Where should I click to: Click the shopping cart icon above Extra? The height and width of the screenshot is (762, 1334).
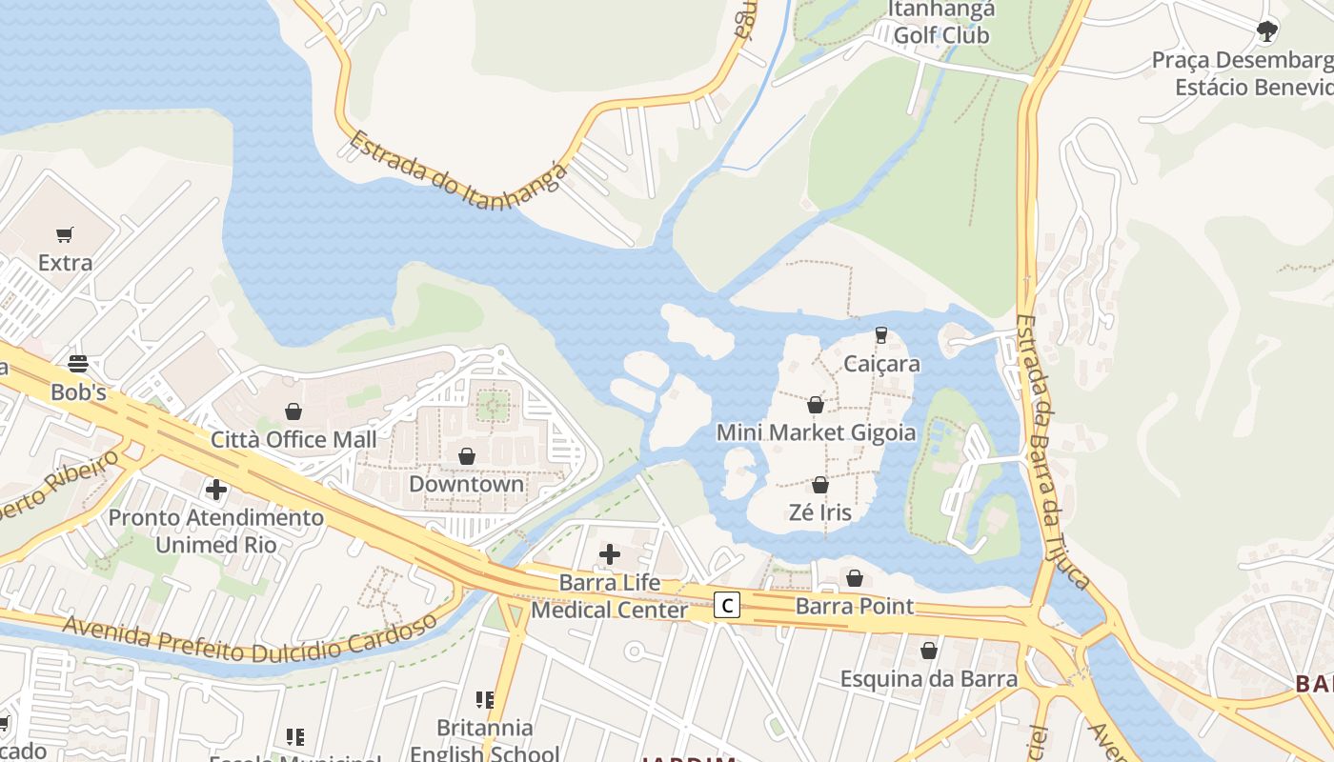point(65,234)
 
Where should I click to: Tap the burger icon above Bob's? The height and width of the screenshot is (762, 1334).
point(78,363)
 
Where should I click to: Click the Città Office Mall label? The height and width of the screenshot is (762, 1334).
point(293,439)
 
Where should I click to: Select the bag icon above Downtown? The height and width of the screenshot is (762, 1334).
point(467,456)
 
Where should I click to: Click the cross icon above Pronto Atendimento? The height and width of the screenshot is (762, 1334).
point(216,490)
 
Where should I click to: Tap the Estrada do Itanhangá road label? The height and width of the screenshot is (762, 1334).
point(457,182)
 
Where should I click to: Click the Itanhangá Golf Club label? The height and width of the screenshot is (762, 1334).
point(941,23)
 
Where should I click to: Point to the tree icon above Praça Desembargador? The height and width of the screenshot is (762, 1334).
point(1266,31)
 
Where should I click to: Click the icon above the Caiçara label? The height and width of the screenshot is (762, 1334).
point(881,335)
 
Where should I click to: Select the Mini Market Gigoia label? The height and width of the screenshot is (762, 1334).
point(816,432)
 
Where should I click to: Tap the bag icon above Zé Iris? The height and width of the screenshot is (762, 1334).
point(820,485)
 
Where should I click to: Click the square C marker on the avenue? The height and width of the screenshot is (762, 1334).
point(727,604)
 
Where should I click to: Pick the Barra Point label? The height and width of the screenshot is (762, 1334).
point(855,606)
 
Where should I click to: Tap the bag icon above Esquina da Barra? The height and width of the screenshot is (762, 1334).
point(929,651)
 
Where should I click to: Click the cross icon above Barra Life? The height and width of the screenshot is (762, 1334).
point(610,553)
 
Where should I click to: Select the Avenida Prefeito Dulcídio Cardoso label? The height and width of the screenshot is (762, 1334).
point(250,639)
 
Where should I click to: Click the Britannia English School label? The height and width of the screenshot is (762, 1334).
point(485,740)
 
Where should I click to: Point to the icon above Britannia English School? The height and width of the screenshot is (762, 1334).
point(485,700)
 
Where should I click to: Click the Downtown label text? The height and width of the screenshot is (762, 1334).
point(467,483)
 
